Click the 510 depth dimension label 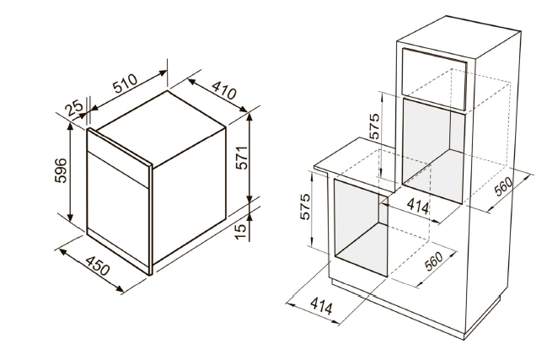click(x=125, y=84)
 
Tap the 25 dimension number click(x=74, y=107)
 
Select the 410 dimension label click(x=224, y=90)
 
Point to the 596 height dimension click(x=61, y=170)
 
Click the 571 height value click(x=241, y=158)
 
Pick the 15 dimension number click(x=241, y=231)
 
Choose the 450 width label click(x=98, y=266)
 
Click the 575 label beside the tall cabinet click(x=373, y=126)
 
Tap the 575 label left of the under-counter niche click(x=304, y=207)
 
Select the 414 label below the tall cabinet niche click(x=418, y=206)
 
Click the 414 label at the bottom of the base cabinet click(x=321, y=305)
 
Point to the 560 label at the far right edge click(x=504, y=186)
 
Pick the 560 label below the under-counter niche click(x=433, y=261)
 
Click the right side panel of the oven click(x=189, y=196)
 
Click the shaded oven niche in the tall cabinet click(x=433, y=151)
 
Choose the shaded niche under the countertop click(x=361, y=228)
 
